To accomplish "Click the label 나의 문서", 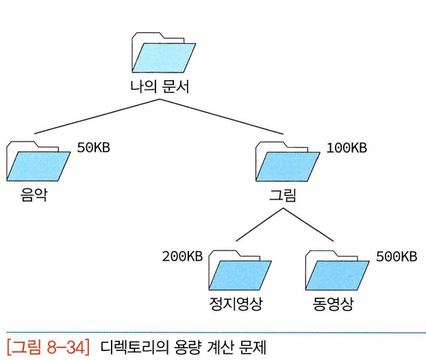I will click(160, 88).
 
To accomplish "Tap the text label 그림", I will click(283, 197).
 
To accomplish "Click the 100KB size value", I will click(347, 148).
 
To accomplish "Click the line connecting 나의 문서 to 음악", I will click(96, 116).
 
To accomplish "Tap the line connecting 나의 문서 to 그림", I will click(223, 116).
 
